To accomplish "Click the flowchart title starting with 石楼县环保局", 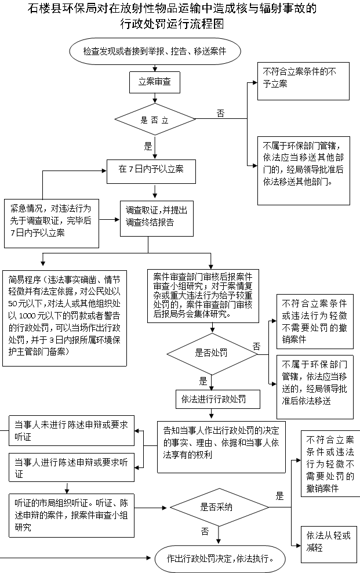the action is pyautogui.click(x=172, y=16).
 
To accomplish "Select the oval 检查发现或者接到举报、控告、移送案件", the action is pyautogui.click(x=155, y=51).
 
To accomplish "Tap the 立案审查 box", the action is pyautogui.click(x=155, y=82).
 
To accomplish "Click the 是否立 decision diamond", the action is pyautogui.click(x=155, y=119).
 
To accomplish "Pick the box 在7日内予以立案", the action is pyautogui.click(x=151, y=172).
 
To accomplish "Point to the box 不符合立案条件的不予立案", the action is pyautogui.click(x=303, y=81).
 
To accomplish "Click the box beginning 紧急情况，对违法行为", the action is pyautogui.click(x=52, y=223).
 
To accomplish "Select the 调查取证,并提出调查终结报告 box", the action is pyautogui.click(x=157, y=219).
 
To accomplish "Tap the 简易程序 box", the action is pyautogui.click(x=64, y=318).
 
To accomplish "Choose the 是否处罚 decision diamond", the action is pyautogui.click(x=212, y=353).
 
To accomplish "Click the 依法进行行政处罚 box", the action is pyautogui.click(x=218, y=399).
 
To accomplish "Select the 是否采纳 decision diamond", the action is pyautogui.click(x=219, y=507).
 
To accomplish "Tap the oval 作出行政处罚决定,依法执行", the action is pyautogui.click(x=220, y=559).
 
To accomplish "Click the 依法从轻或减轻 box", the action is pyautogui.click(x=329, y=544).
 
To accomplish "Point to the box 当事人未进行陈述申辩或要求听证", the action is pyautogui.click(x=71, y=430).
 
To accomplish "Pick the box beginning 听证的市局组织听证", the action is pyautogui.click(x=71, y=515).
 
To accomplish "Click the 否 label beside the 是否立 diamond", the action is pyautogui.click(x=220, y=113).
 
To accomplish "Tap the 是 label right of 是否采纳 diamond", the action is pyautogui.click(x=279, y=496).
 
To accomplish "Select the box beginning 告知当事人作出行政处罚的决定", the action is pyautogui.click(x=221, y=447).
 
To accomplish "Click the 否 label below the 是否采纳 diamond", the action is pyautogui.click(x=205, y=532).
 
